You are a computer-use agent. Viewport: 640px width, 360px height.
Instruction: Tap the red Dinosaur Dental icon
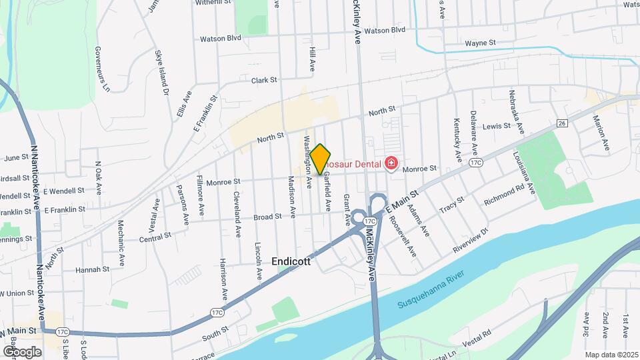click(391, 163)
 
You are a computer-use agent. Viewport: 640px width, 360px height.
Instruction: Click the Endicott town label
click(291, 262)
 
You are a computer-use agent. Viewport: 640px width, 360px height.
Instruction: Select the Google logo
click(21, 351)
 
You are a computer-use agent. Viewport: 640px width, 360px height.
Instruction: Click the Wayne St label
click(480, 43)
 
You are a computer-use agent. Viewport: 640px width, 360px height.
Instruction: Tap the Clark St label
click(264, 80)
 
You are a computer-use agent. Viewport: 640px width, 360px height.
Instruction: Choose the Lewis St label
click(496, 126)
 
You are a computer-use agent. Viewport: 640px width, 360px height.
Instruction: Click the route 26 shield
click(562, 123)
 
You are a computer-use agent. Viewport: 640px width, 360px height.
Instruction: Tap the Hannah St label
click(92, 269)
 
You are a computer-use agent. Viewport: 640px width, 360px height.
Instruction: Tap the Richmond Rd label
click(504, 194)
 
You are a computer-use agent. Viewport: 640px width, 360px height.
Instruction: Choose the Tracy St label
click(452, 207)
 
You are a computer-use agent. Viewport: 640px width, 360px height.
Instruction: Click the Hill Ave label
click(312, 59)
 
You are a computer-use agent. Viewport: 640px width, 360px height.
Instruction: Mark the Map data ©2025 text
click(611, 355)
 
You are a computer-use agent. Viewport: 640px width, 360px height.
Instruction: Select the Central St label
click(155, 237)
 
